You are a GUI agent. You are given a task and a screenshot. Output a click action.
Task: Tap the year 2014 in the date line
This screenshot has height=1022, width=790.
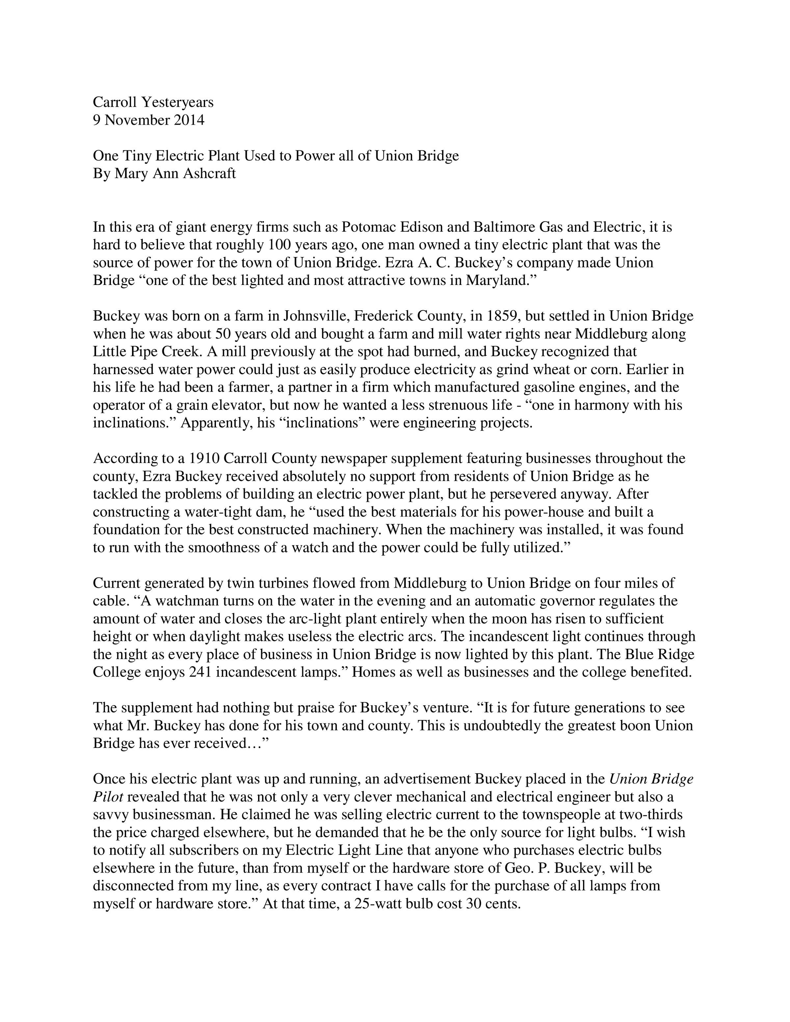tap(189, 120)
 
